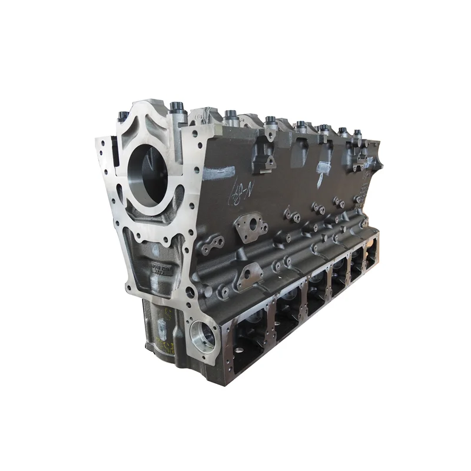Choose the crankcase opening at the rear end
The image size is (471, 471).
coord(372,253)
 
